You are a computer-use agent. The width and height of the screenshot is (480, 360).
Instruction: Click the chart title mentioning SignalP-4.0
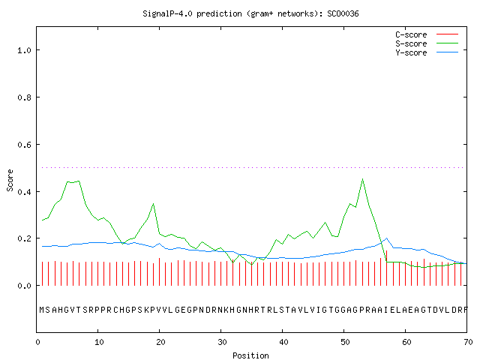250,14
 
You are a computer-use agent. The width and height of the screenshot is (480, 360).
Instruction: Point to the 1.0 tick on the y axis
24,50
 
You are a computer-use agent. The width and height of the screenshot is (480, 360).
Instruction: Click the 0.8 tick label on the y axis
24,97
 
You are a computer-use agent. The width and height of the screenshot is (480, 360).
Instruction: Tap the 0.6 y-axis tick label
24,145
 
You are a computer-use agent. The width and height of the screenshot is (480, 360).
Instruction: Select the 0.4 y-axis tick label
24,192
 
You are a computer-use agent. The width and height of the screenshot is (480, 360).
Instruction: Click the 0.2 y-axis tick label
24,238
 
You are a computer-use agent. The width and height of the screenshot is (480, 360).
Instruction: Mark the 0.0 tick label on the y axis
24,286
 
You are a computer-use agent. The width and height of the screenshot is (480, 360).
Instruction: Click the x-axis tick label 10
99,342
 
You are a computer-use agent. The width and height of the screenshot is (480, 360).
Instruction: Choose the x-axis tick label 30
222,342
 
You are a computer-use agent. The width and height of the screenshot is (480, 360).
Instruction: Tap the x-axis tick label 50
345,342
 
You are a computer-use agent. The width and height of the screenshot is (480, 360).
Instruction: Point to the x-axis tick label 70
468,342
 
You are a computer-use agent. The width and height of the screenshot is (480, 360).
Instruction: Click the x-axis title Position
250,355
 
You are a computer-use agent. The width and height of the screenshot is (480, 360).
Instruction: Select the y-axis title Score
10,180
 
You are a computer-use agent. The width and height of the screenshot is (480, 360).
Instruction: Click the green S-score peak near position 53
362,178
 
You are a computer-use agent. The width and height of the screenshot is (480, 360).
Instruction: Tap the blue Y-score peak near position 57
387,238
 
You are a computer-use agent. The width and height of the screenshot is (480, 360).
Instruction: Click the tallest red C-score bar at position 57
387,268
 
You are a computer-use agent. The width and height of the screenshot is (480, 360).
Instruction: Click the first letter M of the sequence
42,310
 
